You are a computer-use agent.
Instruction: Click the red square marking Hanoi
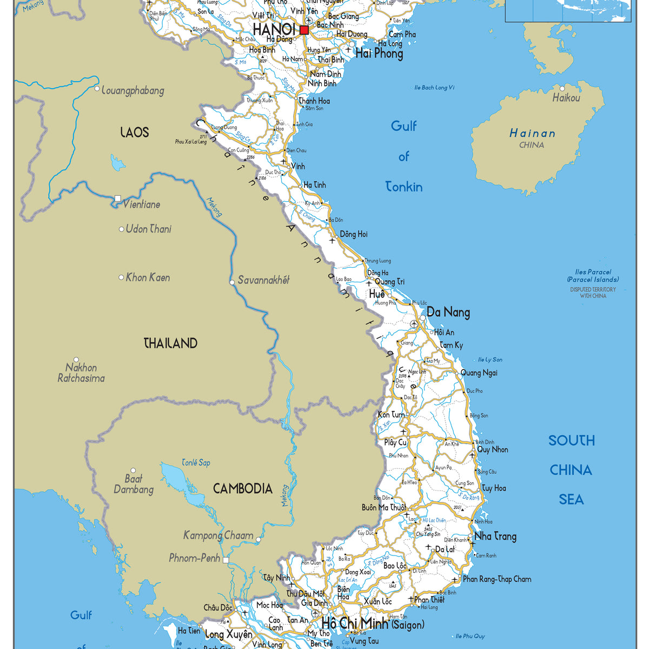pos(304,30)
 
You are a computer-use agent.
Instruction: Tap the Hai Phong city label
pos(379,54)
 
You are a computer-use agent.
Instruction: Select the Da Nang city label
pos(448,312)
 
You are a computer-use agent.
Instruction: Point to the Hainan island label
pos(532,133)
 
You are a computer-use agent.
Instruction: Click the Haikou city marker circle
pos(562,88)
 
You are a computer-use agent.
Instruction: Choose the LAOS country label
pos(135,133)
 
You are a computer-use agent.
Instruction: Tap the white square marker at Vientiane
pos(118,198)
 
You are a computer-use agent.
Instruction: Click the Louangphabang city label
pos(133,91)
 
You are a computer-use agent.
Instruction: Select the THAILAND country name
pos(170,343)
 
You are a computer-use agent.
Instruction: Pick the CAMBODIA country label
pos(242,489)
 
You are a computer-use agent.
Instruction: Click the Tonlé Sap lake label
pos(196,463)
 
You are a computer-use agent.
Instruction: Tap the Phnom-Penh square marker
pos(226,560)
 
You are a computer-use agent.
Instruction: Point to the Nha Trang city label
pos(495,537)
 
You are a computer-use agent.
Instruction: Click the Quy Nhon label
pos(493,449)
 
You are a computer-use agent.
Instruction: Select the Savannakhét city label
pos(264,280)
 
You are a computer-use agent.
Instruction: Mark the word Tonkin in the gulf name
pos(404,187)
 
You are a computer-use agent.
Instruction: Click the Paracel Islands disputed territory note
pos(593,293)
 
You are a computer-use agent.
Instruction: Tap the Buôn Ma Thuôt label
pos(383,508)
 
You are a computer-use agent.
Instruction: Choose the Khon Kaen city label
pos(148,278)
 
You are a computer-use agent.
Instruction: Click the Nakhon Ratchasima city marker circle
pos(76,360)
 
